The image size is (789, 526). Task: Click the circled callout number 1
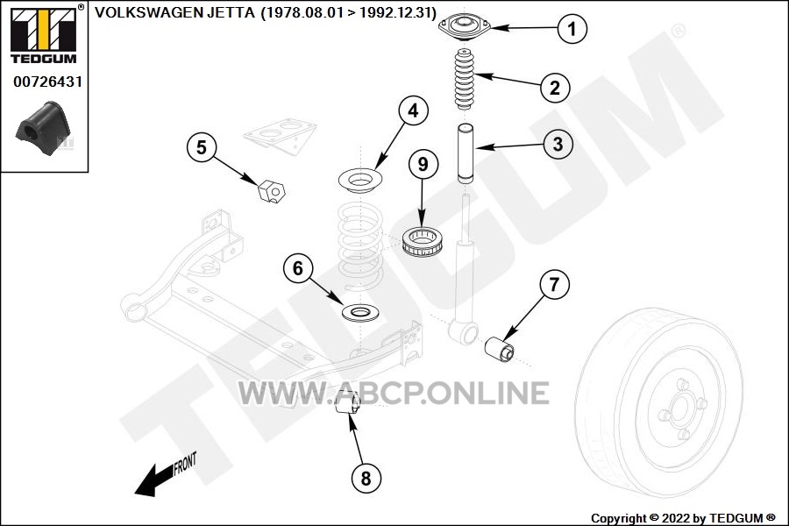[572, 28]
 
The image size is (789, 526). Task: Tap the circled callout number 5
[202, 147]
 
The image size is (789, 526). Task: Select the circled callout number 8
[366, 478]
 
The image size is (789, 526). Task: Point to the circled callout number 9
[423, 164]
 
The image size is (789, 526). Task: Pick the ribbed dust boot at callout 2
[465, 80]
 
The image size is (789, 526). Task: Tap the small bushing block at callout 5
[271, 191]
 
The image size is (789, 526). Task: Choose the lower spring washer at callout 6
[360, 313]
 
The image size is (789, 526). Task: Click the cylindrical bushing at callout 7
[499, 348]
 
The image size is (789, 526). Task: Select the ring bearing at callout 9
[423, 241]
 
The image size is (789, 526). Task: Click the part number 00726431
[47, 82]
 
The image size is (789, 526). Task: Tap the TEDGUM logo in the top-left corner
[44, 35]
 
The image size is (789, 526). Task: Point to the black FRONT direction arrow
[155, 480]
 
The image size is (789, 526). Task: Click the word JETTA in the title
[231, 12]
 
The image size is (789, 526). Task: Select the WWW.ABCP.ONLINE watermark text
[393, 393]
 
